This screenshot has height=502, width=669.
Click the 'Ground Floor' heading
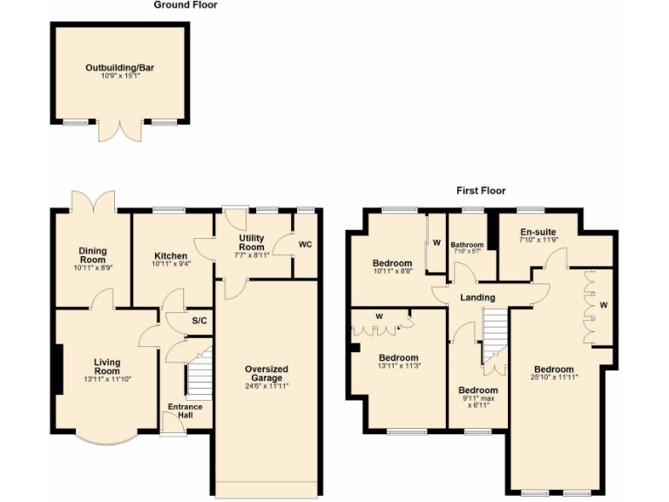point(186,5)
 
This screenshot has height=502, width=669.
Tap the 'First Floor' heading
point(481,190)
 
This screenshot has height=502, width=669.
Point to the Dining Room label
point(93,254)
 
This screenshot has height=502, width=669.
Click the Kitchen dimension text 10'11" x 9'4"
point(171,263)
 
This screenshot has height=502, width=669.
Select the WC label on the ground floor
point(305,244)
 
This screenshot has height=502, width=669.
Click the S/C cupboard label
point(199,321)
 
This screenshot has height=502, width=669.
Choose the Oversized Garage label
point(267,374)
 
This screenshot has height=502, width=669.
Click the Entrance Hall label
point(185,410)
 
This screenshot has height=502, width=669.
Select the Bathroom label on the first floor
point(467,245)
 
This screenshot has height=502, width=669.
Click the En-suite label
point(537,232)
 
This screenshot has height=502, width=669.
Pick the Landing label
point(477,298)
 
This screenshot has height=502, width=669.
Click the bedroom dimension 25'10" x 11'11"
point(554,377)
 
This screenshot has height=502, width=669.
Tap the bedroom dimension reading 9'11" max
point(478,397)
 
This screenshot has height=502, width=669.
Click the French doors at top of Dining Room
point(94,203)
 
